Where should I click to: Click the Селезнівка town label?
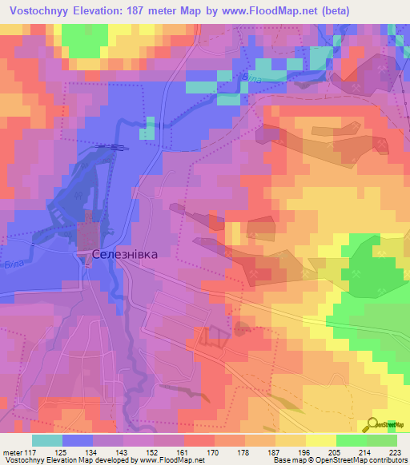[x=125, y=254]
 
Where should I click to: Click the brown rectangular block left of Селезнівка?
[x=87, y=236]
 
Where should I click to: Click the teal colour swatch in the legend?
[x=46, y=441]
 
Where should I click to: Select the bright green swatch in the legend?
[x=351, y=441]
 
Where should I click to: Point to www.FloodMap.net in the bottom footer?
[x=175, y=460]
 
